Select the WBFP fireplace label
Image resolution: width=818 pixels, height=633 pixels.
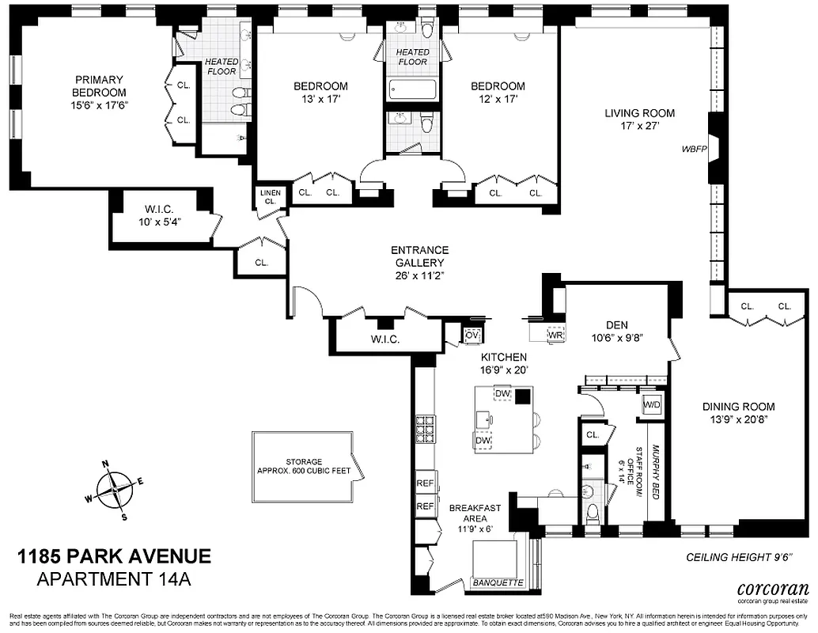pos(694,149)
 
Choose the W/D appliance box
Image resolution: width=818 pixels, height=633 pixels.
pos(652,404)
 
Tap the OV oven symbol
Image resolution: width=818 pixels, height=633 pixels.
pos(472,335)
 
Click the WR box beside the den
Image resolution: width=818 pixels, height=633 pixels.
pos(556,335)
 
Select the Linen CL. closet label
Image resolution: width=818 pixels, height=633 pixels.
pos(269,196)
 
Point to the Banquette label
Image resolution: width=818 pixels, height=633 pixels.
pos(498,583)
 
